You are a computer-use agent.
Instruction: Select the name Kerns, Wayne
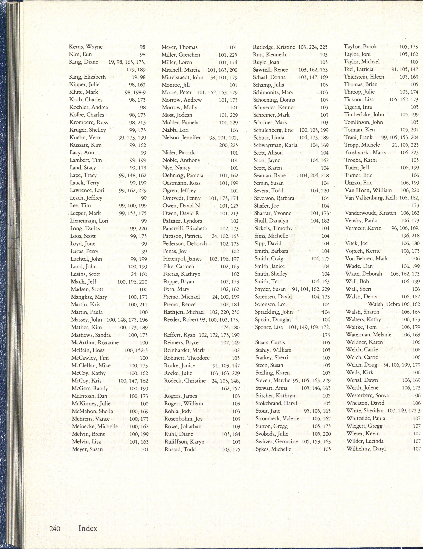(86, 47)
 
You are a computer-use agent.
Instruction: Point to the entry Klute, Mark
(84, 92)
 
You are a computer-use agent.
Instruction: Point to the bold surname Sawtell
(262, 70)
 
